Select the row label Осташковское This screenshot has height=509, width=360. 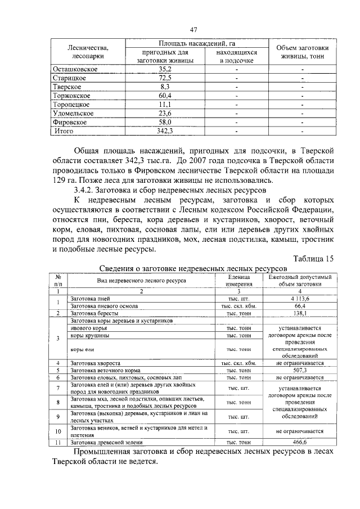pos(76,69)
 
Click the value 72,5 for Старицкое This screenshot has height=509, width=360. pos(165,78)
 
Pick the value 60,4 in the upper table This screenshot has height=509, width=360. pos(165,96)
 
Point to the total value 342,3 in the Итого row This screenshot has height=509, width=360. pos(165,131)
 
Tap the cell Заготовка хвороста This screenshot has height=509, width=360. pos(96,363)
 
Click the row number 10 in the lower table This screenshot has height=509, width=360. pos(58,431)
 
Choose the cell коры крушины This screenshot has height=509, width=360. pos(90,335)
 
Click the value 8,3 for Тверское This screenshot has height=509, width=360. pos(165,87)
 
